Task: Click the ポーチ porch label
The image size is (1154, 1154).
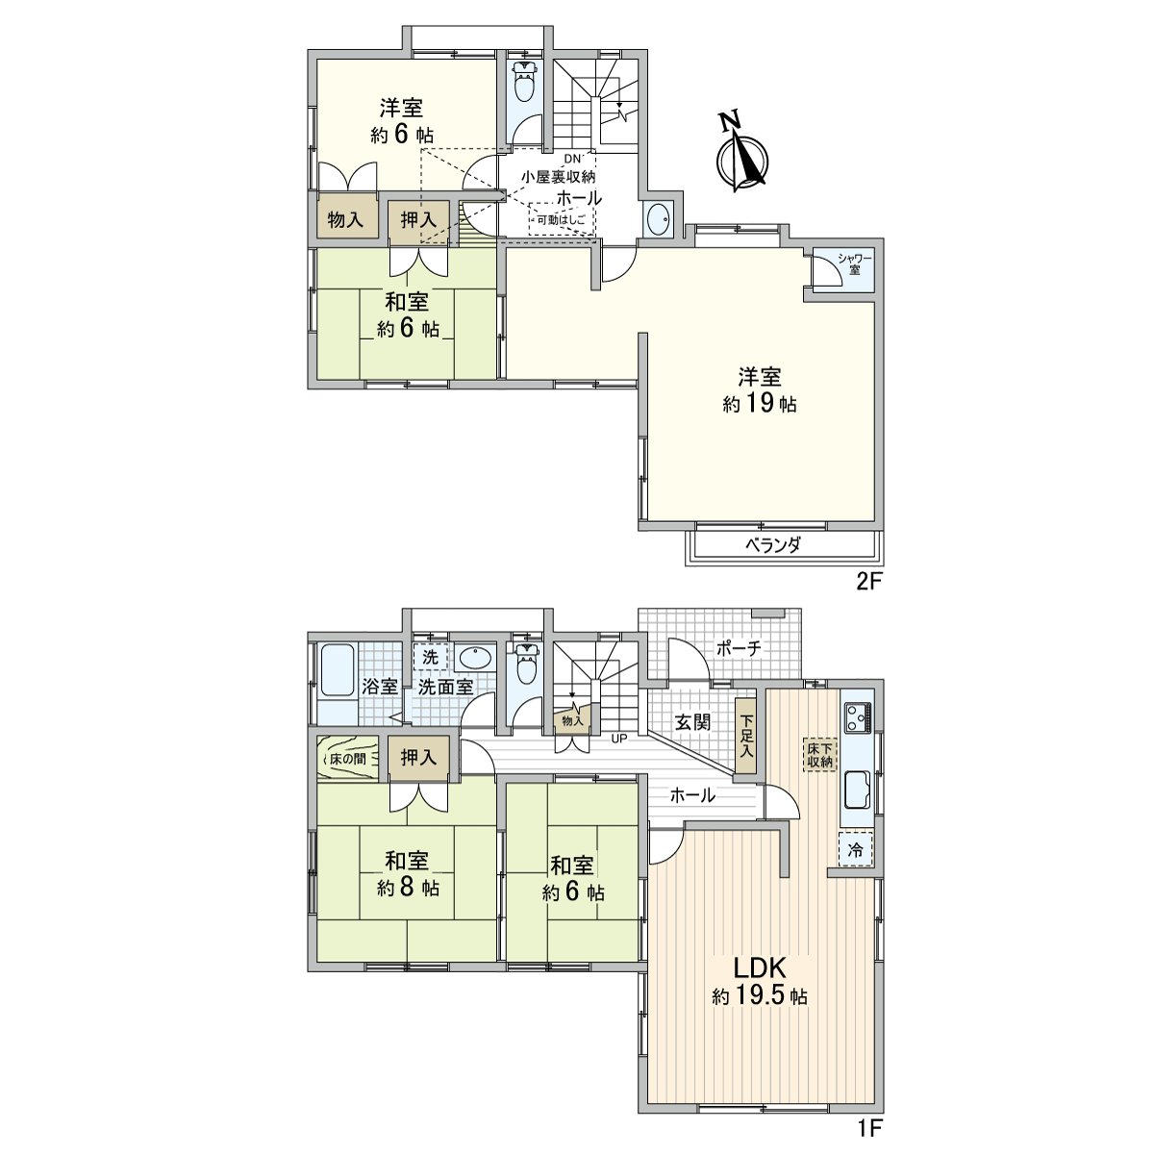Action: tap(739, 648)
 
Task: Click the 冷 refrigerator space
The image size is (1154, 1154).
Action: tap(856, 849)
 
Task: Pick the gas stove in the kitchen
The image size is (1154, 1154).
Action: tap(857, 716)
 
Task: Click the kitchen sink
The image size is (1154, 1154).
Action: tap(857, 790)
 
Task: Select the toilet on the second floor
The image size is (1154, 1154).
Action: tap(523, 83)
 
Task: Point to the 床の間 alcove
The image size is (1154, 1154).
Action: tap(346, 758)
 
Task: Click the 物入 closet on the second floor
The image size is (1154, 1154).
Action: tap(345, 220)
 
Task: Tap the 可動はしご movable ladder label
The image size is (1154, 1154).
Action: tap(561, 221)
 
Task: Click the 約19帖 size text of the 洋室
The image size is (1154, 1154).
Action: tap(759, 405)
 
